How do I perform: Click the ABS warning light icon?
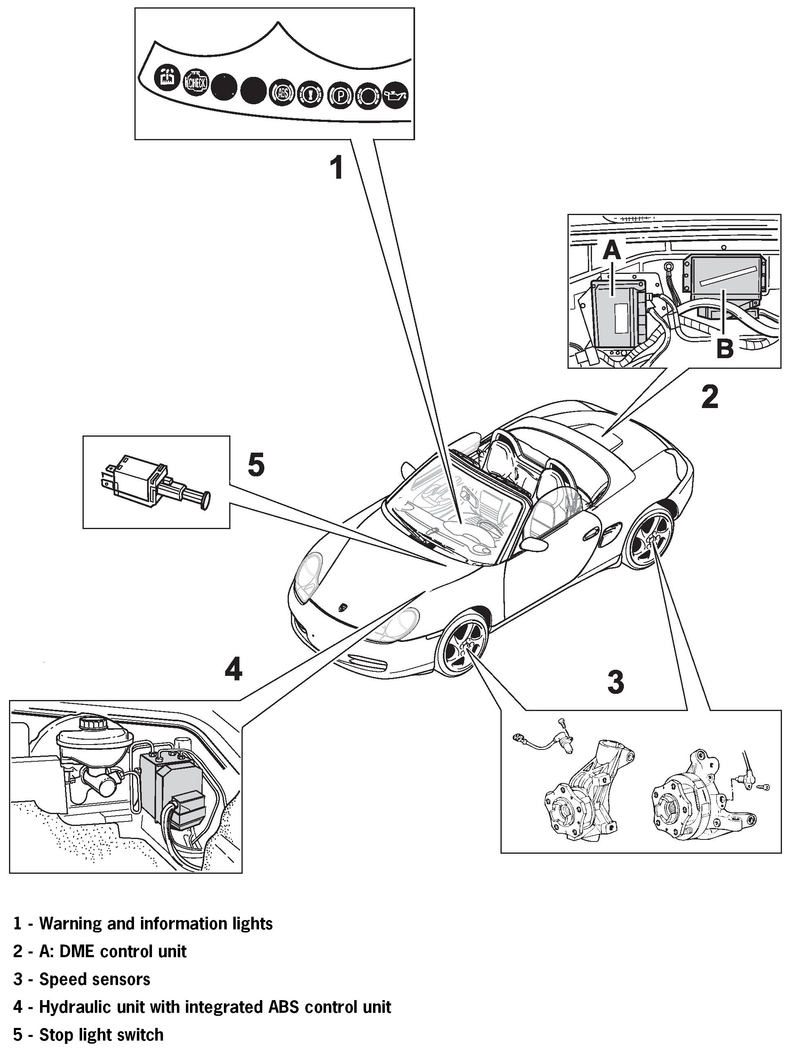click(282, 92)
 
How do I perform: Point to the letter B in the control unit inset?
click(724, 348)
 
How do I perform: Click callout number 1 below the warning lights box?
click(337, 168)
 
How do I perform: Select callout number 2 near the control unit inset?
click(710, 397)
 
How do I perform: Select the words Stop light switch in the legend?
click(101, 1034)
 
